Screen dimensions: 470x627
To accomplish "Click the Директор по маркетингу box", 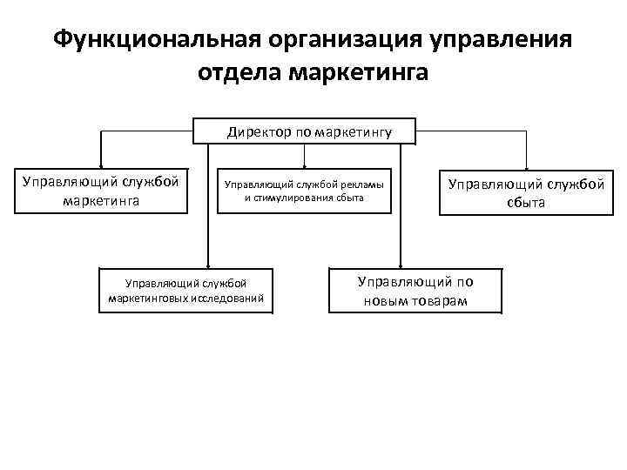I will pyautogui.click(x=304, y=132).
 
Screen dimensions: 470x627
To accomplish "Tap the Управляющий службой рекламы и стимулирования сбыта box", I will pyautogui.click(x=304, y=191).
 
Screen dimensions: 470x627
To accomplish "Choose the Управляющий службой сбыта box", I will pyautogui.click(x=525, y=192).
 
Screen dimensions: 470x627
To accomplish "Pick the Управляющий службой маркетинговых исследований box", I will pyautogui.click(x=185, y=291).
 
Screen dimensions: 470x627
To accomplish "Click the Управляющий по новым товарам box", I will pyautogui.click(x=416, y=291).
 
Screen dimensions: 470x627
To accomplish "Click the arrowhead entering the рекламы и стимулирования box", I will pyautogui.click(x=304, y=164).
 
